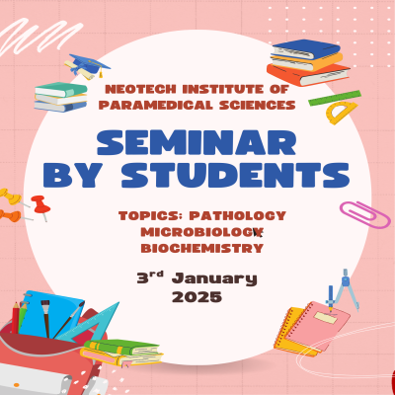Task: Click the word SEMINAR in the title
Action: click(197, 143)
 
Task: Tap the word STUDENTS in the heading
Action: click(235, 175)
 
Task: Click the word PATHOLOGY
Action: click(238, 216)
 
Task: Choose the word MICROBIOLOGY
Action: click(201, 232)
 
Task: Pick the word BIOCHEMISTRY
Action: click(202, 248)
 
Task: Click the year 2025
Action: click(197, 297)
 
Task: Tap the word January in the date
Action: click(214, 279)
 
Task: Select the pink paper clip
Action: click(365, 214)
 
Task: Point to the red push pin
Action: click(40, 206)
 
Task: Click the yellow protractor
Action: click(341, 113)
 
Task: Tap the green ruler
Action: click(335, 98)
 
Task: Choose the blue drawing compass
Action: click(343, 289)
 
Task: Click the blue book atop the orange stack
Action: click(305, 49)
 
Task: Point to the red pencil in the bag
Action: click(16, 317)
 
